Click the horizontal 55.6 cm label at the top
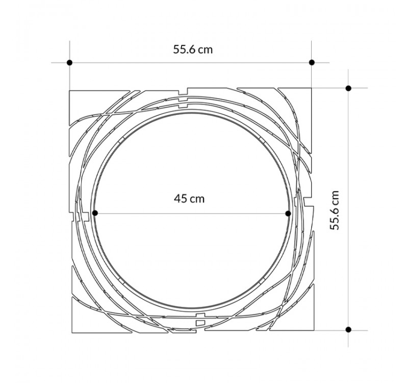193,50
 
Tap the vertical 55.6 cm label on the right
335,210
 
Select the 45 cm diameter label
189,199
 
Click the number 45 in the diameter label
181,199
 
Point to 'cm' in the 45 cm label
197,199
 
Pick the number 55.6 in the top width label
184,50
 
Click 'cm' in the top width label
206,50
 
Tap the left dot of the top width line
69,62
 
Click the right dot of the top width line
312,62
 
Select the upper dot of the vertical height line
348,88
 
